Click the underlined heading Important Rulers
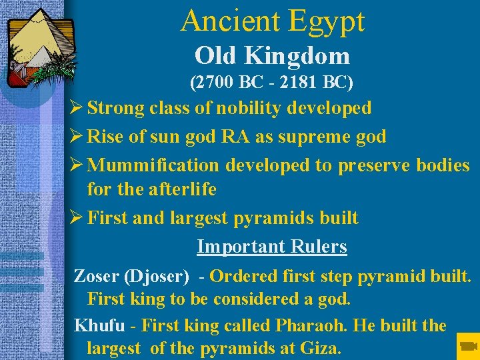(272, 247)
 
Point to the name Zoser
(96, 275)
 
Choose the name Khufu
(99, 325)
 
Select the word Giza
(319, 347)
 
